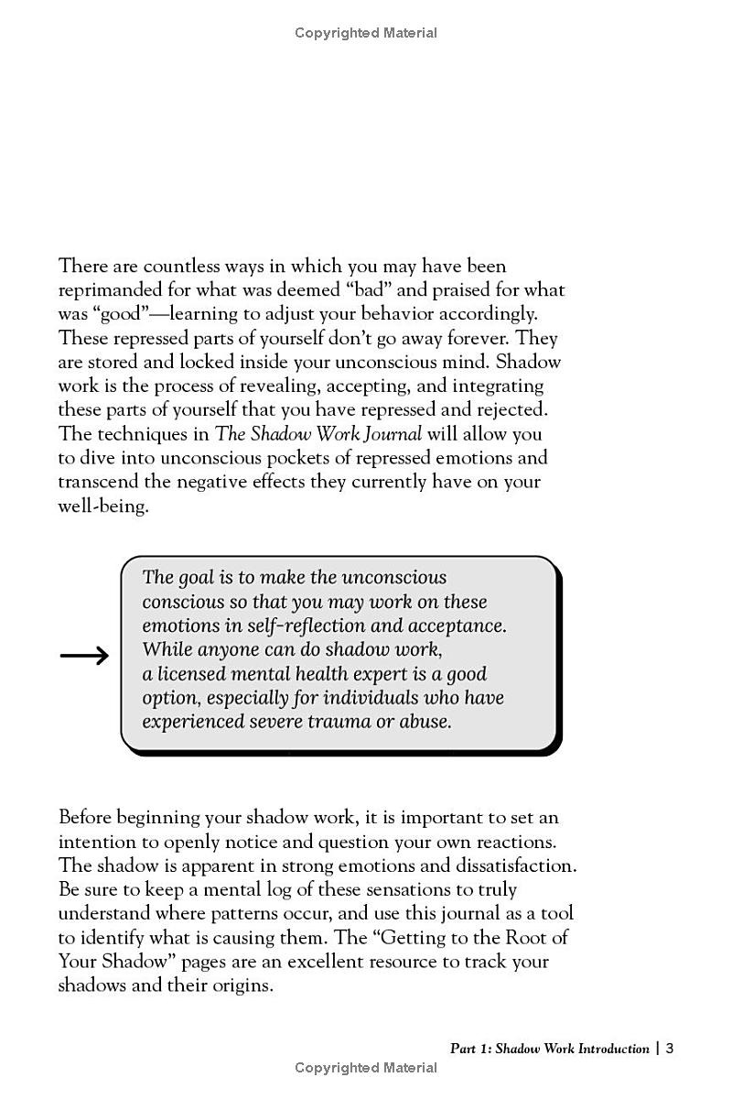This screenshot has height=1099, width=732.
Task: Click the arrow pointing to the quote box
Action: pyautogui.click(x=84, y=655)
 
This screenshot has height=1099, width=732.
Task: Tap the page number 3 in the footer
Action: pyautogui.click(x=670, y=1049)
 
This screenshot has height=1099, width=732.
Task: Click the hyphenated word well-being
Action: pyautogui.click(x=103, y=506)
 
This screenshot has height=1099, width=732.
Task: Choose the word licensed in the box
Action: pyautogui.click(x=195, y=674)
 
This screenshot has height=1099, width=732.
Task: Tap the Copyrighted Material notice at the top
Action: pyautogui.click(x=366, y=33)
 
